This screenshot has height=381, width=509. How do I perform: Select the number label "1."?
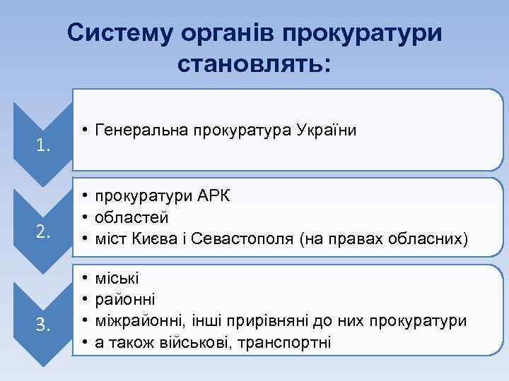click(x=44, y=147)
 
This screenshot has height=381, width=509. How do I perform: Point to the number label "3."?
click(x=44, y=325)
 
